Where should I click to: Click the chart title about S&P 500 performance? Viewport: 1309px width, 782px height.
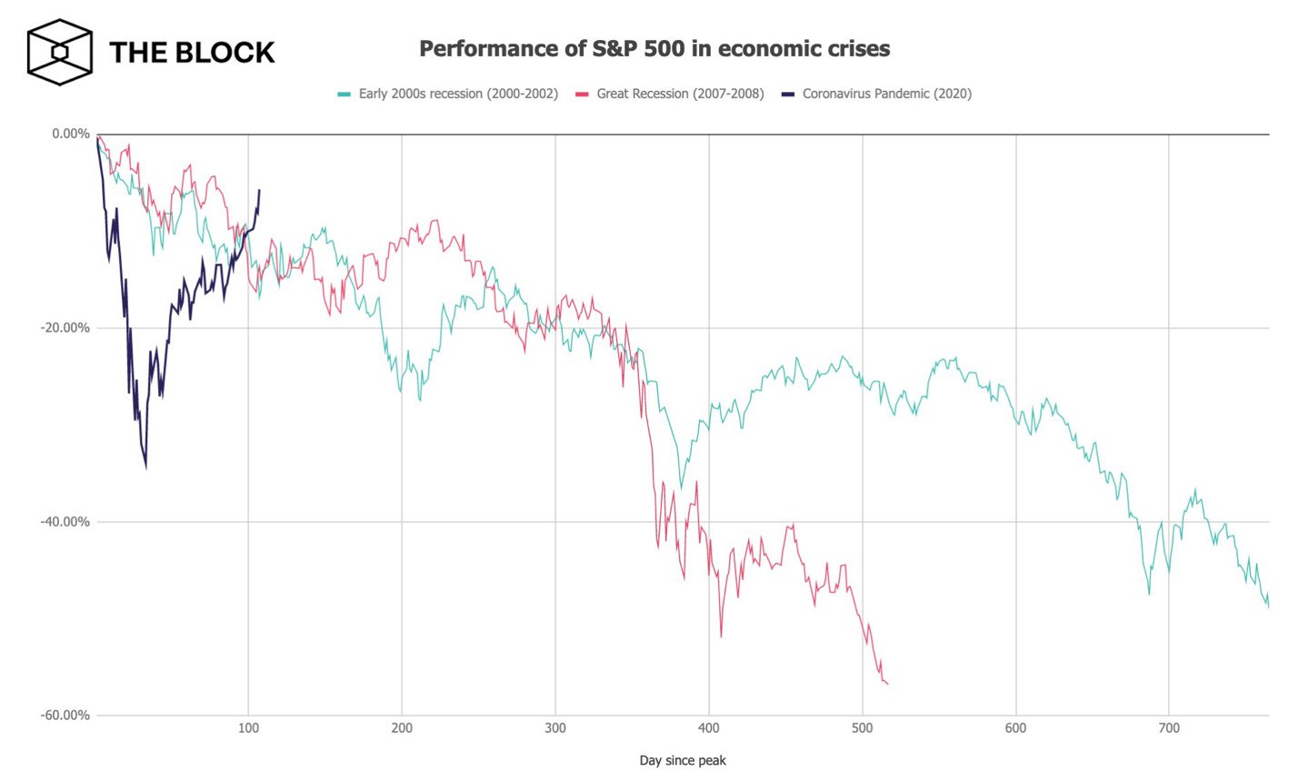[x=654, y=49]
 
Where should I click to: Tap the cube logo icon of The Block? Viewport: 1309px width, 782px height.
[x=60, y=52]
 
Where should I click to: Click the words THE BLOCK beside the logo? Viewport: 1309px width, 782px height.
[x=192, y=53]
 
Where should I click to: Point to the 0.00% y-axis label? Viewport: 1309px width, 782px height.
[x=70, y=134]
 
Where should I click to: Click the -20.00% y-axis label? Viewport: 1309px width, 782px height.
[x=65, y=328]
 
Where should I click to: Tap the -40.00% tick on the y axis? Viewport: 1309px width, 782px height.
[x=65, y=522]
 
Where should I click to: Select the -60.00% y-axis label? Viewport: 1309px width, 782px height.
[x=65, y=716]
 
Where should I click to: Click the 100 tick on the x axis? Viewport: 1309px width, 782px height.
[x=248, y=728]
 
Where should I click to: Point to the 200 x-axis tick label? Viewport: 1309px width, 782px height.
[x=402, y=728]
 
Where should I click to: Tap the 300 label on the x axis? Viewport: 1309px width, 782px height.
[x=555, y=728]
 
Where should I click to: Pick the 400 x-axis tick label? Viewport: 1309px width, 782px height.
[x=709, y=728]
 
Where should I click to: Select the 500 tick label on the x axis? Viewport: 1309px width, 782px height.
[x=863, y=728]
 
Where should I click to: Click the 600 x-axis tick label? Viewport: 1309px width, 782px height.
[x=1015, y=728]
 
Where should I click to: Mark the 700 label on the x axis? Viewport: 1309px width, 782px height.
[x=1169, y=728]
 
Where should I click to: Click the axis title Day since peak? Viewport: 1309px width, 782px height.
[x=683, y=760]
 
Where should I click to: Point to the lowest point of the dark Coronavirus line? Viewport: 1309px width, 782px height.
[x=145, y=467]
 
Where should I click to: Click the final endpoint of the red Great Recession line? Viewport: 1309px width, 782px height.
[x=887, y=684]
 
